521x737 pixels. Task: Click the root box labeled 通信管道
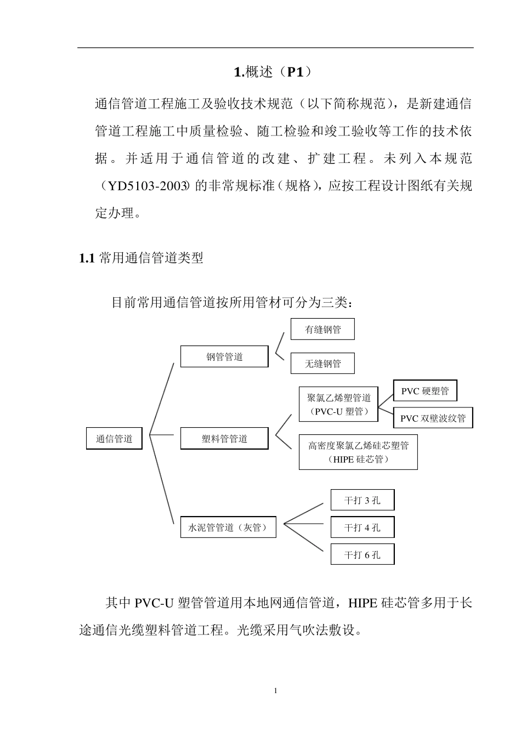(114, 439)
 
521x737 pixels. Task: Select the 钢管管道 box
(224, 357)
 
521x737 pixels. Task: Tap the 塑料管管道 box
(224, 439)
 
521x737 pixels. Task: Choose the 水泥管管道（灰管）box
(228, 528)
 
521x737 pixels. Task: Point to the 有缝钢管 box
(322, 330)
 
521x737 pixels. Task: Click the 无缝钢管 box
(322, 364)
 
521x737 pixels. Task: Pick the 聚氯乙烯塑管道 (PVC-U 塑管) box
(338, 405)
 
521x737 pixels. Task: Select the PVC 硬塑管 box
(425, 391)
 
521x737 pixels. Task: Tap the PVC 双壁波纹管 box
(433, 418)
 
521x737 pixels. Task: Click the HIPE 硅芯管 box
(358, 452)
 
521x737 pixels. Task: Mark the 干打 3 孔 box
(363, 500)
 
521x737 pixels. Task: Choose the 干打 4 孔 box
(363, 528)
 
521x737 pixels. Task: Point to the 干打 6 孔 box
(363, 555)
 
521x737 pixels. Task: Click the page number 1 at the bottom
(275, 691)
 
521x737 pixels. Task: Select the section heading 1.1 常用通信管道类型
(141, 258)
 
